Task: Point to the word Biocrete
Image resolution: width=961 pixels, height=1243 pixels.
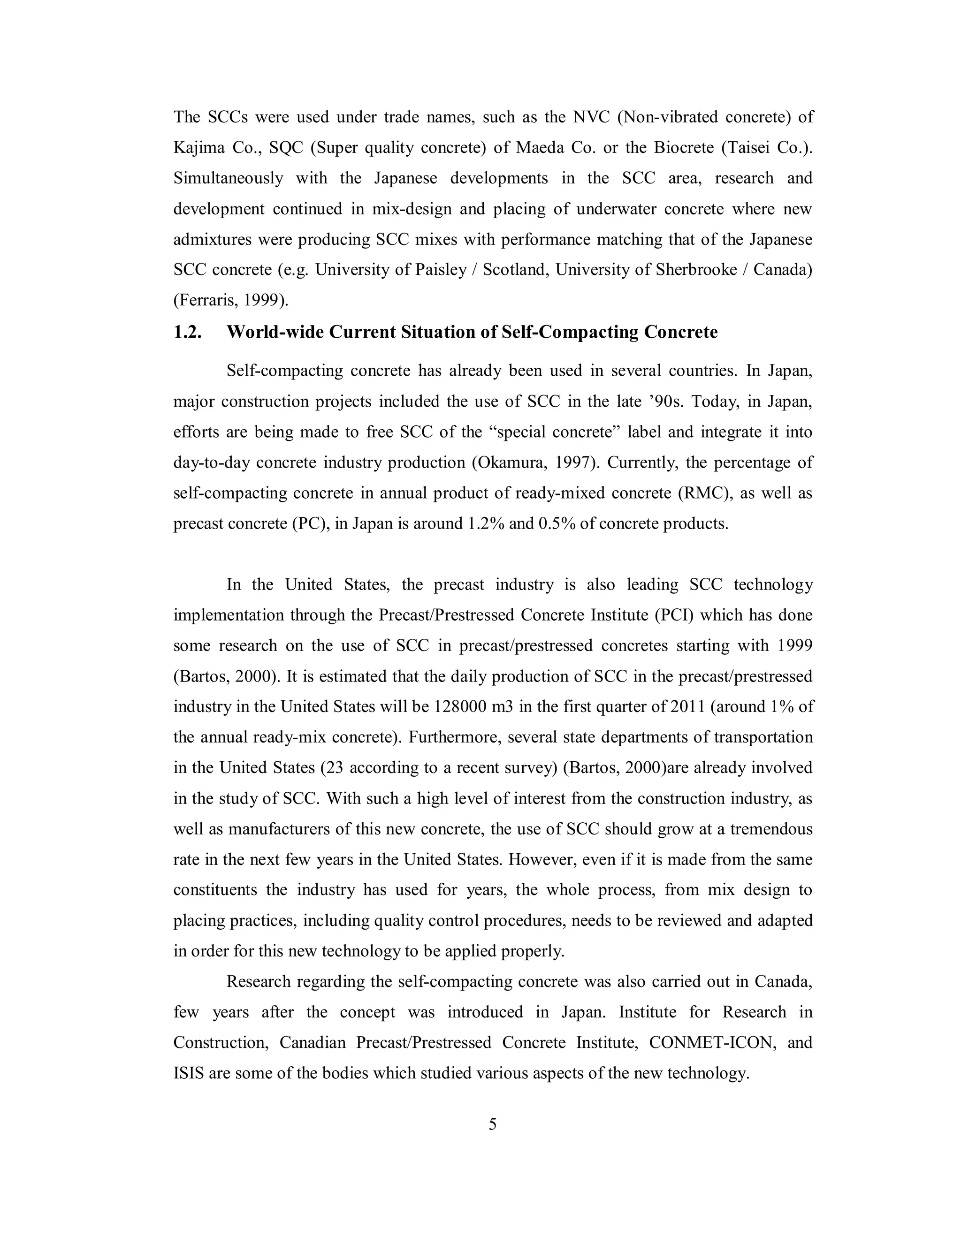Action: click(x=683, y=147)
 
